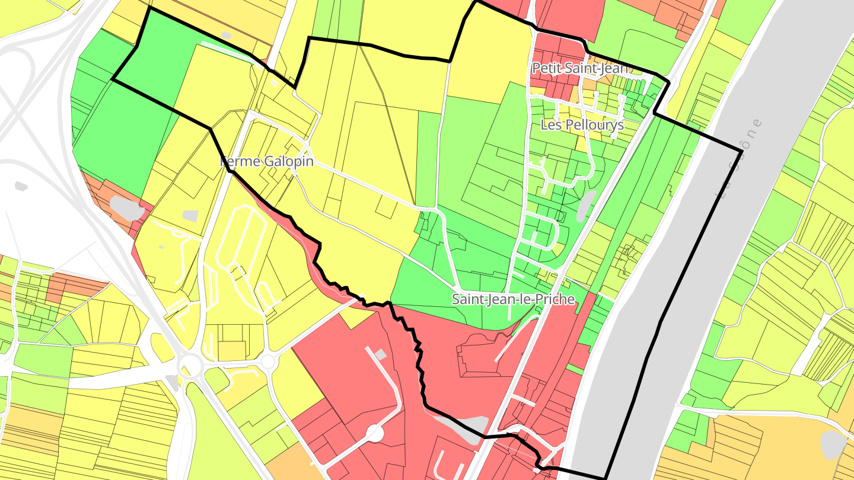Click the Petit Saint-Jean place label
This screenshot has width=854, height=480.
[579, 68]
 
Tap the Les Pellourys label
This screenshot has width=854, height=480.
[582, 125]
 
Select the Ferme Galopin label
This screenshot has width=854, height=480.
[267, 161]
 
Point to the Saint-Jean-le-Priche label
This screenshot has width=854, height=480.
[513, 299]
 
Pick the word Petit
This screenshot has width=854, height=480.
[545, 68]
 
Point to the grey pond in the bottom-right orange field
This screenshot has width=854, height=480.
[833, 444]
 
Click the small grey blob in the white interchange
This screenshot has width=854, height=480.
[21, 186]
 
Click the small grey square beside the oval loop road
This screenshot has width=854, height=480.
[190, 216]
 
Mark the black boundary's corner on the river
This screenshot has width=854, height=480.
[741, 152]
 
